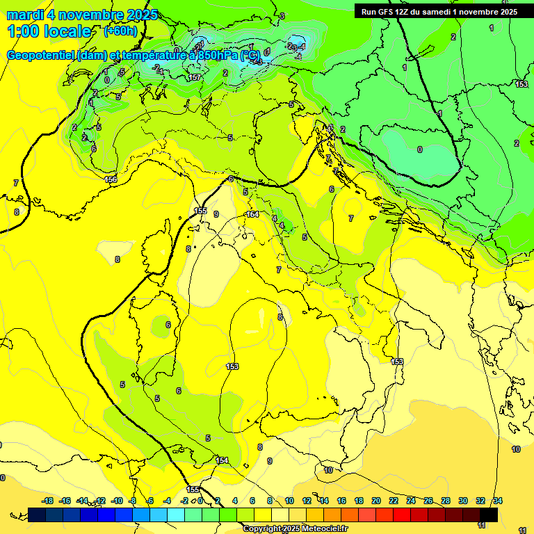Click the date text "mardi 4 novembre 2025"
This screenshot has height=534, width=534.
(82, 15)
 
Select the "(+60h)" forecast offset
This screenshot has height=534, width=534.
(120, 31)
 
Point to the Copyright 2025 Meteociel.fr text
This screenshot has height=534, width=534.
(295, 528)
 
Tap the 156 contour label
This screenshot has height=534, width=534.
(111, 179)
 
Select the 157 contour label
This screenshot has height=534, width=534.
(195, 77)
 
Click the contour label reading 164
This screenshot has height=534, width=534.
(252, 214)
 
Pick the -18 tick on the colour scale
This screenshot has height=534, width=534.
(47, 501)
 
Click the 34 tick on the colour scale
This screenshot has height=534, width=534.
(498, 501)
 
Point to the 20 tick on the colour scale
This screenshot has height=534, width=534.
(376, 501)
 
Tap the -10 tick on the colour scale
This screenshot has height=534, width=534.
(117, 501)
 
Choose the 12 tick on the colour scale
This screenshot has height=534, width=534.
(307, 501)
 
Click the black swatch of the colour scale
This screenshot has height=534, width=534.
(489, 515)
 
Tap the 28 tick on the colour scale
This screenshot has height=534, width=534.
(446, 501)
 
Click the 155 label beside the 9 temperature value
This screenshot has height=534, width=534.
(200, 211)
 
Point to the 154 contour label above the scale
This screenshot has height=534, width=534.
(222, 460)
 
